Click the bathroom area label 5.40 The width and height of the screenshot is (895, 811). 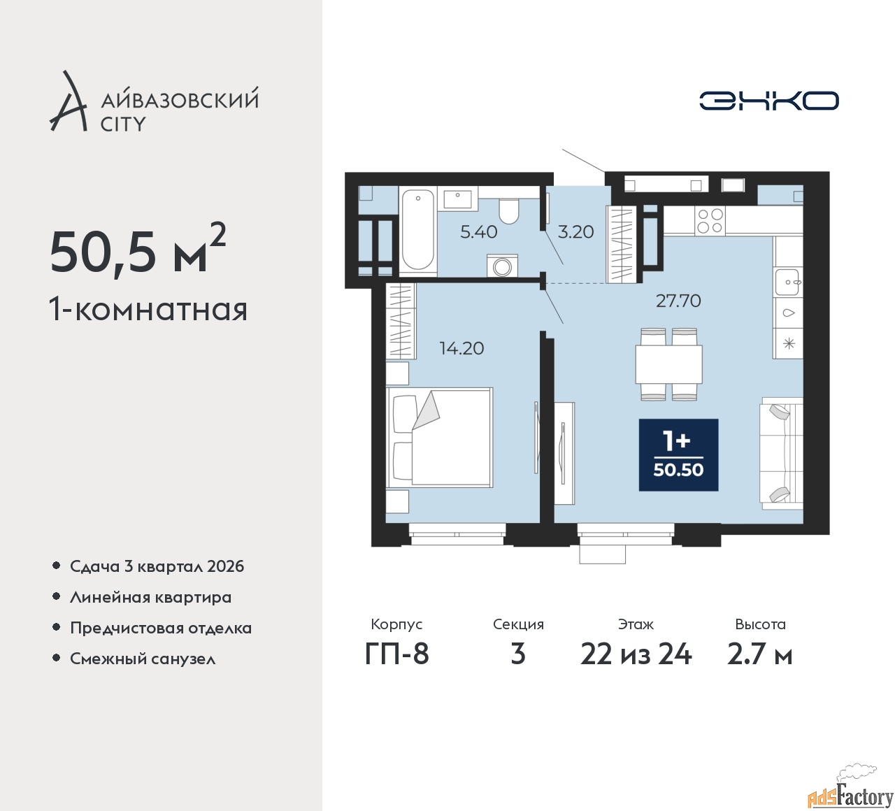coord(479,232)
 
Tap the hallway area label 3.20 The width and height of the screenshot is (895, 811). coord(575,232)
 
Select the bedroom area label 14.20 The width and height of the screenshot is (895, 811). coord(461,348)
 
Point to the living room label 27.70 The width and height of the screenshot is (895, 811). coord(678,301)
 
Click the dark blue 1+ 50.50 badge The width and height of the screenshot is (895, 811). coord(679,455)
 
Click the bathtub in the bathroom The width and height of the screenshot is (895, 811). coord(418,231)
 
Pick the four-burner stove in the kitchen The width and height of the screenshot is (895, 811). coord(710,220)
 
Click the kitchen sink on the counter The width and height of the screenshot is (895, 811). coord(788,282)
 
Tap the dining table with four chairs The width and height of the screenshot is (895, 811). coord(668,364)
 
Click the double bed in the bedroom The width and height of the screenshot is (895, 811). coord(440,437)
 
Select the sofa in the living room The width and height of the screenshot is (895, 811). coord(782,453)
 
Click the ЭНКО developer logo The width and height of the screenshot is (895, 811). coord(768,101)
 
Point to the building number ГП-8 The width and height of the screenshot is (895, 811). coord(396,655)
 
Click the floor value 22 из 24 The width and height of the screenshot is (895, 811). coord(636,655)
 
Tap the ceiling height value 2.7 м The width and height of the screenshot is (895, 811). coord(760,655)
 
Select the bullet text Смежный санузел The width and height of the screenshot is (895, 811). coord(143,659)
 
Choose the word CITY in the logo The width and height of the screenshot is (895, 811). coord(123,124)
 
